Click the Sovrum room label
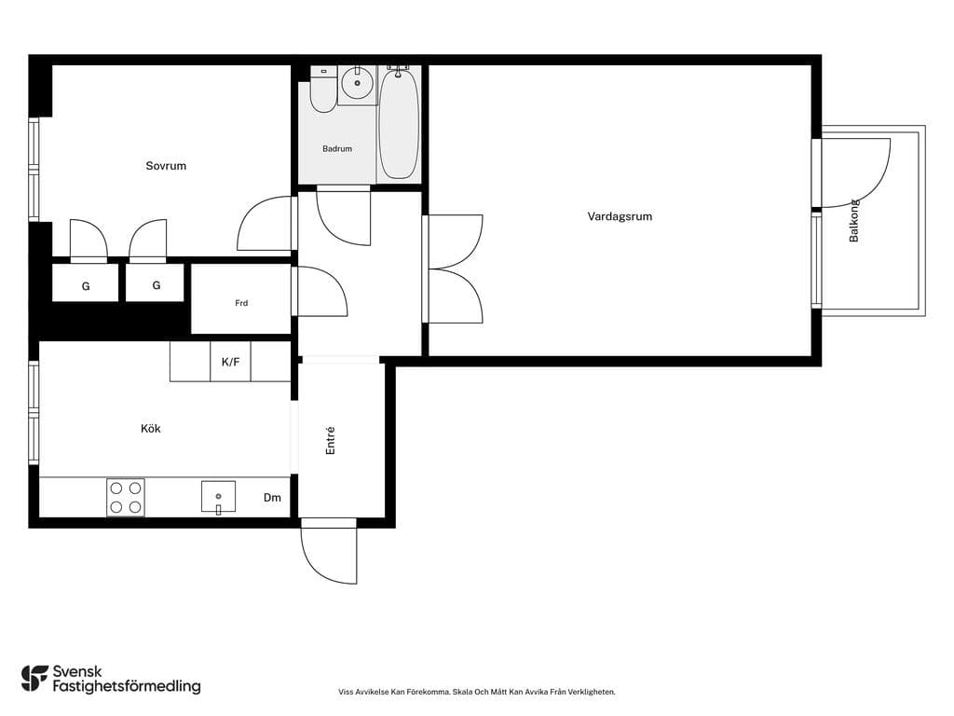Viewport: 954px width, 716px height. click(166, 166)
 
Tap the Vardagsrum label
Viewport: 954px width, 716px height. click(620, 216)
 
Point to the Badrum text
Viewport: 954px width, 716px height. click(337, 148)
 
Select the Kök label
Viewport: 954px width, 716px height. click(150, 429)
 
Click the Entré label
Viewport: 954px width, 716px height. click(331, 440)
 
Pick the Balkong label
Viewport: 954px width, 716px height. click(854, 220)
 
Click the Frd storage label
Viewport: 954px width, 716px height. click(241, 303)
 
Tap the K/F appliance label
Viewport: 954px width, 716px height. click(231, 362)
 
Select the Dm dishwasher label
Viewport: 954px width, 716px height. click(272, 498)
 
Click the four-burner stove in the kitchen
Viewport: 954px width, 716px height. click(126, 498)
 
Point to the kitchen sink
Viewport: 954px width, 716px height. click(218, 497)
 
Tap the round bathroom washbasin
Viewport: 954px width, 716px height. click(357, 83)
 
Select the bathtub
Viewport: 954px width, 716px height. click(399, 124)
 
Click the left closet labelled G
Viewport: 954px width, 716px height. click(85, 282)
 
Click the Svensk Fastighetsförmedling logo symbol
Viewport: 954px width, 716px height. click(34, 679)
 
